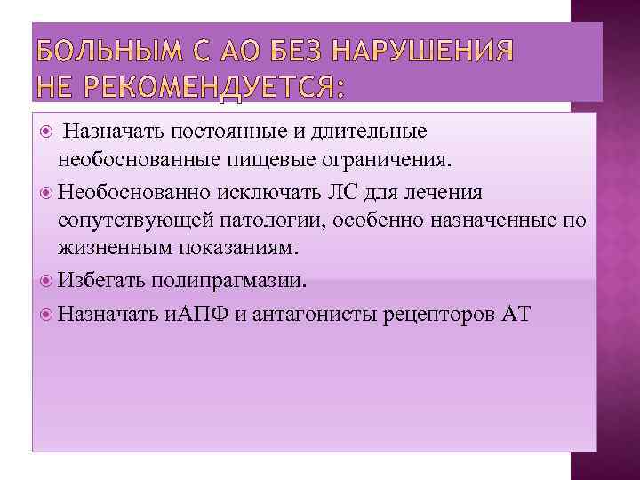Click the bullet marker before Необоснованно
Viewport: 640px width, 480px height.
pyautogui.click(x=47, y=193)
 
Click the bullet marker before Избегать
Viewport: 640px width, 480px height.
pyautogui.click(x=47, y=281)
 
